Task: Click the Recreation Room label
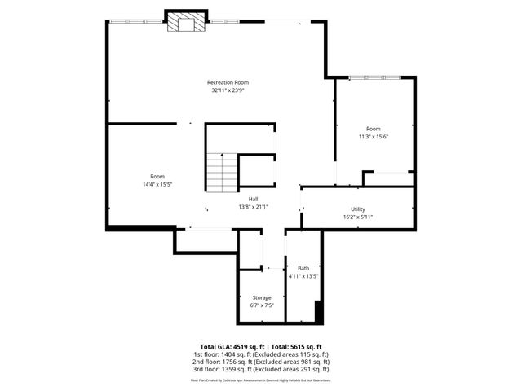tap(228, 82)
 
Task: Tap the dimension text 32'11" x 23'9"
tap(228, 90)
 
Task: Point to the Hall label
tap(254, 199)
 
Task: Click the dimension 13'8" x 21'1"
tap(254, 207)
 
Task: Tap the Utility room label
tap(358, 209)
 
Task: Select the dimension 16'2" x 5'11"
tap(358, 217)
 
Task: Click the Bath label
tap(303, 268)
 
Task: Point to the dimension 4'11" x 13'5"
tap(303, 276)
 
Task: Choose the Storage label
tap(261, 297)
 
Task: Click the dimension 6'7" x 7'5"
tap(261, 305)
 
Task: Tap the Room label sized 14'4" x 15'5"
tap(157, 177)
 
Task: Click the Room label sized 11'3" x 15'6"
tap(373, 129)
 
